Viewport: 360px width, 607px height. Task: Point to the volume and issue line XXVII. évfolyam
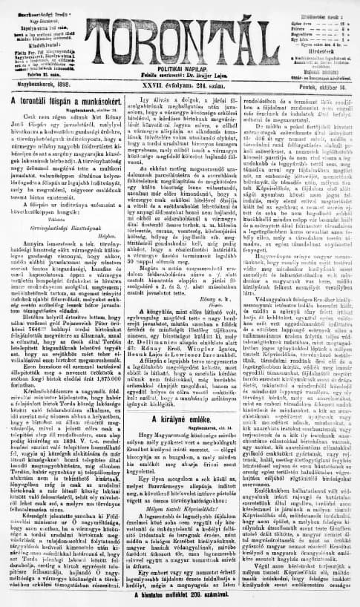[180, 85]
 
